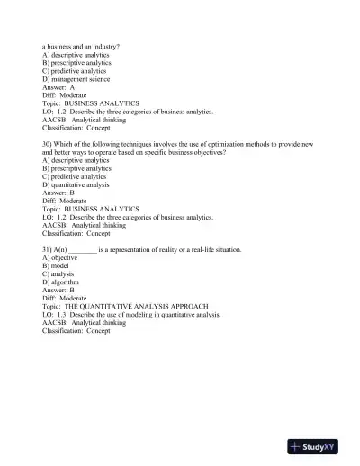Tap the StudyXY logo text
[x=329, y=447]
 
